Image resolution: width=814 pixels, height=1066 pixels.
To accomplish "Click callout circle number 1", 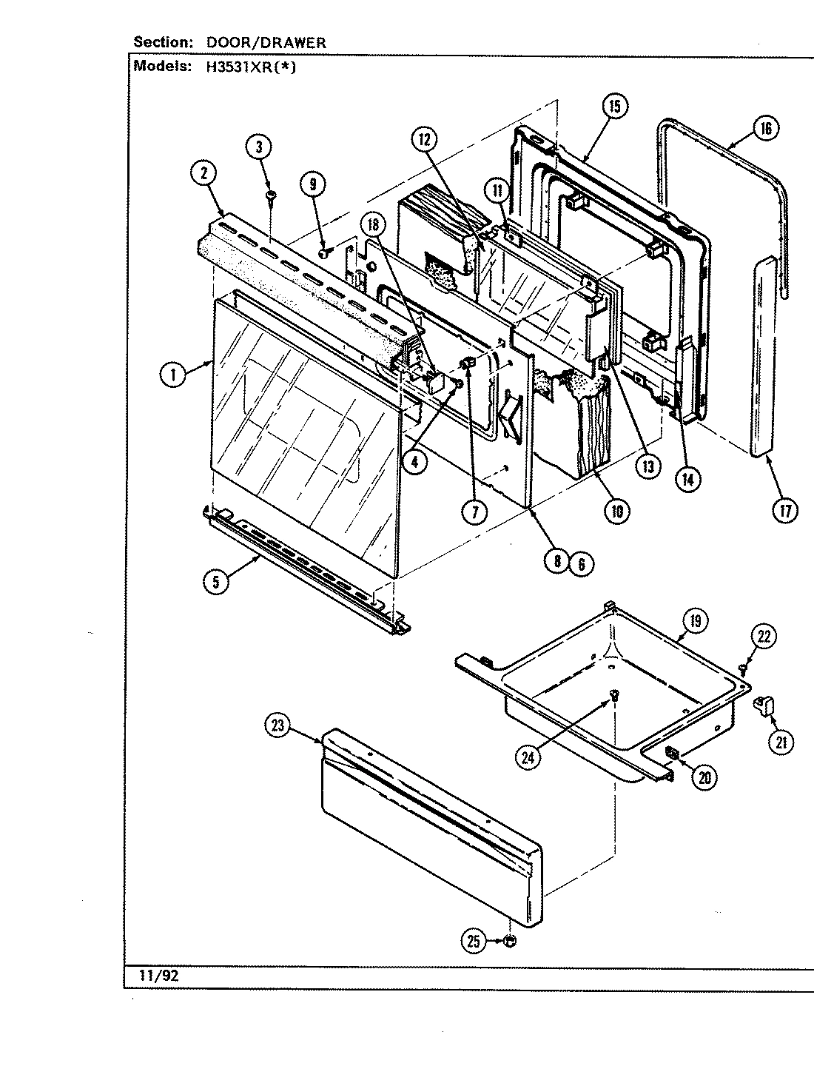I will pyautogui.click(x=173, y=375).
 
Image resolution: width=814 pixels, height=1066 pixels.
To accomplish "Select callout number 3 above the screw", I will pyautogui.click(x=259, y=147).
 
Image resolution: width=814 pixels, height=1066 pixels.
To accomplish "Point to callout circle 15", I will pyautogui.click(x=613, y=107).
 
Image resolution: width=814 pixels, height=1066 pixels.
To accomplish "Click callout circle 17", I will pyautogui.click(x=784, y=511).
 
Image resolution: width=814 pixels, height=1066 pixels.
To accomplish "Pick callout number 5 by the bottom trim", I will pyautogui.click(x=215, y=582).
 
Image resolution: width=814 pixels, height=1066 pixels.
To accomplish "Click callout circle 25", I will pyautogui.click(x=473, y=941).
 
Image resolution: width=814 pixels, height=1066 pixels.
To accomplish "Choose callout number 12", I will pyautogui.click(x=425, y=139).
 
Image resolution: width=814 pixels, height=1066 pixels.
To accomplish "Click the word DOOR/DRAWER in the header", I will pyautogui.click(x=265, y=43).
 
